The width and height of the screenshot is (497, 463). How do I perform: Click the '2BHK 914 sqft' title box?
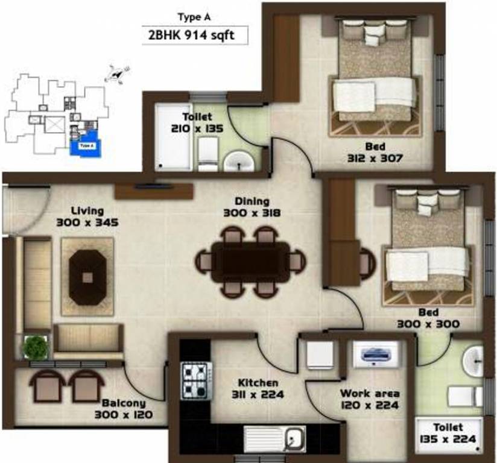(195, 35)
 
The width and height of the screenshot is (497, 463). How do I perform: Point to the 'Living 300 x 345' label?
(87, 216)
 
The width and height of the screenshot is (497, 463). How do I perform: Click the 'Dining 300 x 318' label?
(253, 207)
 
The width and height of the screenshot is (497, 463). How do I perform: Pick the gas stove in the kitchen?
(197, 380)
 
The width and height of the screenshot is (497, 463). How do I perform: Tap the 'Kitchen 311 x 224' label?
(258, 389)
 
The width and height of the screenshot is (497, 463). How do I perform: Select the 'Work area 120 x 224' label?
(369, 399)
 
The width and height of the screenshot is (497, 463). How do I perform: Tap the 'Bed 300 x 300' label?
(428, 318)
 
